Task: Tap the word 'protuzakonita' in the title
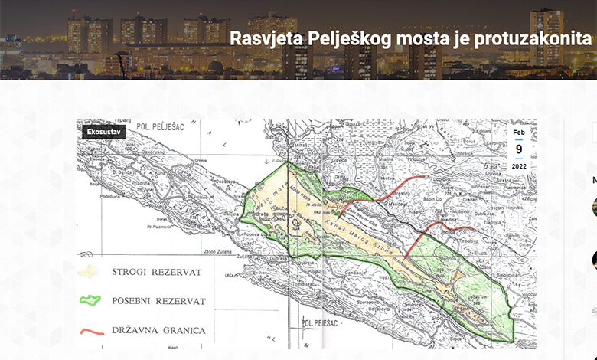pos(536,38)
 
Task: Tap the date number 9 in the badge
pos(519,149)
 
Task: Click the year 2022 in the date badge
pos(519,165)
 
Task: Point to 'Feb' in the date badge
pos(519,133)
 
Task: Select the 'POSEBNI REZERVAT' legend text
pos(159,301)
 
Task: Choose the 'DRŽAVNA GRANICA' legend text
pos(159,331)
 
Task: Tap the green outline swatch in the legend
pos(91,301)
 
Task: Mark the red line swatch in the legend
pos(91,332)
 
